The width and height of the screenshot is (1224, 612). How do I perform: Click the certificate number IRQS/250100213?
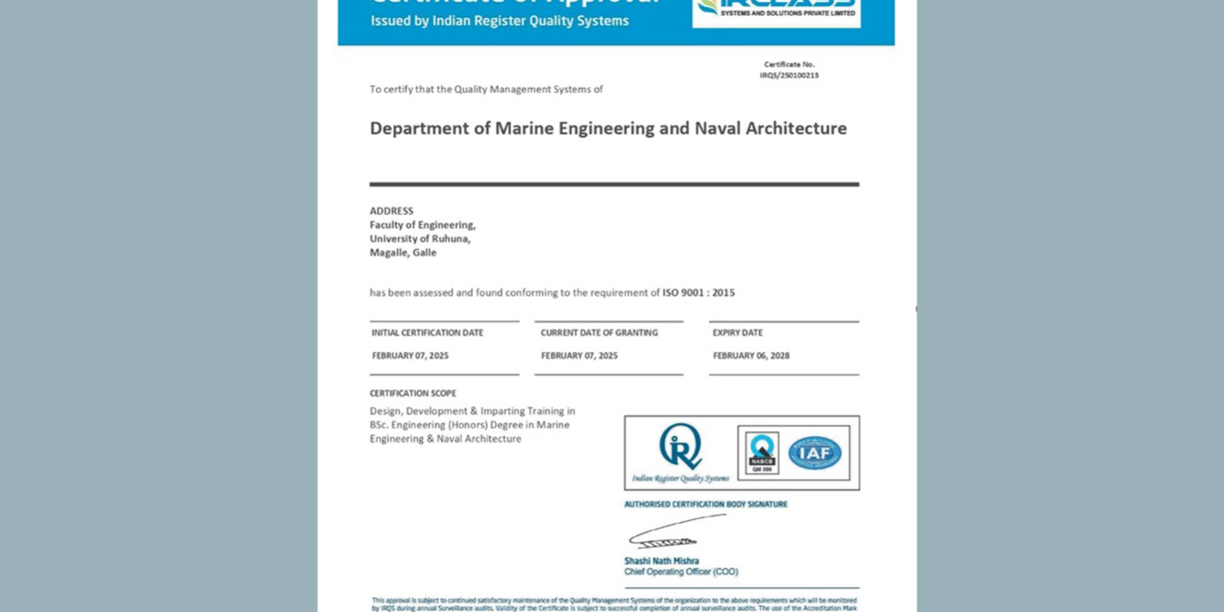tap(789, 76)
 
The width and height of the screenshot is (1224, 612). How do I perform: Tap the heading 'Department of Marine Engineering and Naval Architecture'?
tap(608, 129)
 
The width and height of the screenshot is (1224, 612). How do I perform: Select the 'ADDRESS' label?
tap(391, 211)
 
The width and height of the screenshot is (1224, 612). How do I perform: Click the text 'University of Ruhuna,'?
tap(420, 239)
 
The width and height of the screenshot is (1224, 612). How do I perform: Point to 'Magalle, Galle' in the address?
tap(402, 252)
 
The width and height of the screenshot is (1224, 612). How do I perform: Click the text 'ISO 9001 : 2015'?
tap(698, 293)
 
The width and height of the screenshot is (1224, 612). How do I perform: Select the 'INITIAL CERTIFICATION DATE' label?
tap(427, 333)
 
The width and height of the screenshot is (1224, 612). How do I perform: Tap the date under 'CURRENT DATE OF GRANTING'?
tap(579, 355)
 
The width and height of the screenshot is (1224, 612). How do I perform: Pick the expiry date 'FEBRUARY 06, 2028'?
tap(750, 355)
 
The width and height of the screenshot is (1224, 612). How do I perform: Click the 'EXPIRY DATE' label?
tap(736, 333)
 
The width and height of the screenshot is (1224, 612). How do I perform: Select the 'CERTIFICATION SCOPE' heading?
tap(413, 393)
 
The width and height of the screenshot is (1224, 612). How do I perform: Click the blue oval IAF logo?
tap(814, 453)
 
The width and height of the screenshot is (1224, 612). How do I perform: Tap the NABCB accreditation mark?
tap(762, 453)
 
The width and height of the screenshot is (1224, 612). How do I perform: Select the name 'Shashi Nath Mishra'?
tap(661, 561)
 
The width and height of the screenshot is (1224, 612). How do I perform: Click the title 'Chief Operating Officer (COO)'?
tap(680, 572)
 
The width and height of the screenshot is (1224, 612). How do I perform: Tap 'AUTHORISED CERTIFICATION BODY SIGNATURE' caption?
tap(705, 504)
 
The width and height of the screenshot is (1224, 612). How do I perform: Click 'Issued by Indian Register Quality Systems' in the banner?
tap(499, 21)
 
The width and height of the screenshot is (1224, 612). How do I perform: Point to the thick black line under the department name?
tap(614, 185)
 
